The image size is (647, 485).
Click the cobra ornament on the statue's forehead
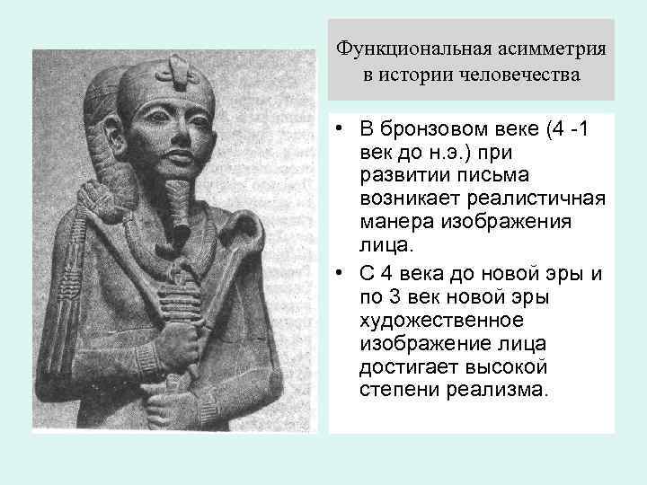coord(176,68)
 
